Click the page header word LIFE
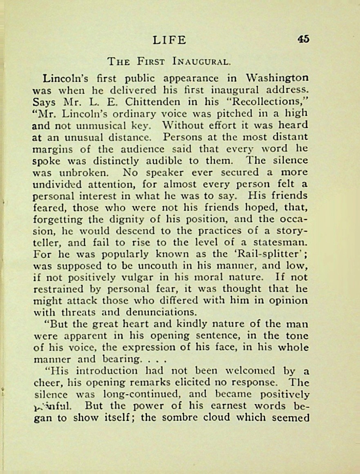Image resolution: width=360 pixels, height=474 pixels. [170, 40]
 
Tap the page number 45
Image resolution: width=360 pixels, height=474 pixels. [303, 39]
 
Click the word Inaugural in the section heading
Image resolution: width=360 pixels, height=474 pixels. [202, 62]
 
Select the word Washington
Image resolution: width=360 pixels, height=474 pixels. [277, 78]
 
